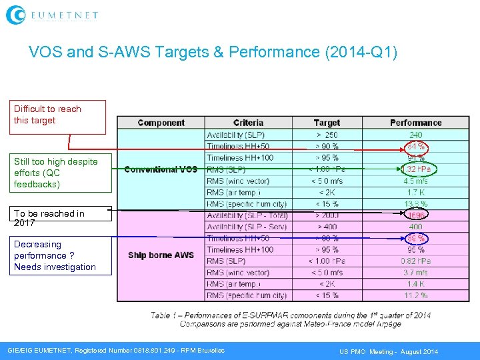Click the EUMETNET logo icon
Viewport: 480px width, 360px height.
(15, 15)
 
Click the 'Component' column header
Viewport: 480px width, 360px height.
(161, 123)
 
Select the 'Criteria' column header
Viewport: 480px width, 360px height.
(248, 123)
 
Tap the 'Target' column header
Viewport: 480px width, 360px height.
(327, 123)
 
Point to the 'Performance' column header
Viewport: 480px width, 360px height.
(416, 123)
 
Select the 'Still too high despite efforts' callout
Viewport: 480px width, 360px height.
(60, 173)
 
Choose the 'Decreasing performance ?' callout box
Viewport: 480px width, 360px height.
(60, 255)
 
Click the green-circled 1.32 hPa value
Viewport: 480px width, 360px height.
(417, 169)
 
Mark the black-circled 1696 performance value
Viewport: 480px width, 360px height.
(417, 215)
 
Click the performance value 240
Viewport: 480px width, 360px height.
(416, 135)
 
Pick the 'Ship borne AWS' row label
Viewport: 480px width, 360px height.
(161, 255)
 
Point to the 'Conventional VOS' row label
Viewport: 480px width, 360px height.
(161, 169)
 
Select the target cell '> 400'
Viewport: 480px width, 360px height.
(327, 227)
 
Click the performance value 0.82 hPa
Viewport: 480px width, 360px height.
(416, 261)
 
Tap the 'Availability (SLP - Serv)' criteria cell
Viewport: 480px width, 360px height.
(247, 227)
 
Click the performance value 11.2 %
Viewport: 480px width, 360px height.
(416, 295)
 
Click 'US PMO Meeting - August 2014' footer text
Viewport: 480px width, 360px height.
(389, 351)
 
